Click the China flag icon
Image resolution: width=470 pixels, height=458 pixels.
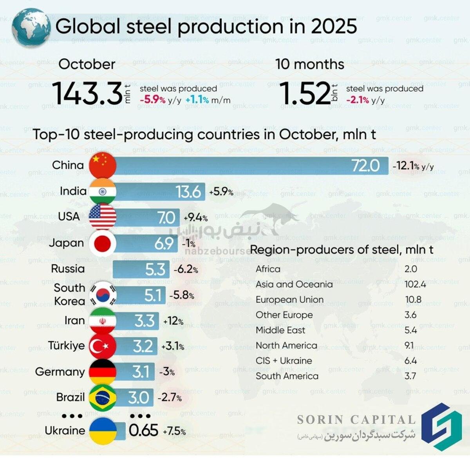[103, 165]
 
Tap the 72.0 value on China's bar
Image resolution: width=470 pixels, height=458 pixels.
[365, 166]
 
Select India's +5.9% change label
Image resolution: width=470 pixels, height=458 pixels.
[221, 192]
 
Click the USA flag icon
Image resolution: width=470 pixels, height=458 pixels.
[103, 217]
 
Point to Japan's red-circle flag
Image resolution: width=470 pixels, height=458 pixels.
[103, 243]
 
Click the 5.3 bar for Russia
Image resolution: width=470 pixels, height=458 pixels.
[141, 269]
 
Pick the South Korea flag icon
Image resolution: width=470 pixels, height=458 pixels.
[103, 295]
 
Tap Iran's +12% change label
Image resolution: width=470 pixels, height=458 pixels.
[174, 321]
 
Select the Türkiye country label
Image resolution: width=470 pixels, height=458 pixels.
[66, 346]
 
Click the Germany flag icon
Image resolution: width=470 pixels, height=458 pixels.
[103, 371]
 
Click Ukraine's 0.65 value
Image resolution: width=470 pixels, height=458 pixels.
[143, 431]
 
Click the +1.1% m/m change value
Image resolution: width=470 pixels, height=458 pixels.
[197, 100]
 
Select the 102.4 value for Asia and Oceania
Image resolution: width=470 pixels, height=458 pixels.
[415, 284]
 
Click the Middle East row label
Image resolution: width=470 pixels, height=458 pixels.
[280, 330]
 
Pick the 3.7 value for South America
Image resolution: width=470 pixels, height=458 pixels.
[410, 376]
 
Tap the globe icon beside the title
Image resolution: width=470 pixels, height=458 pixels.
[31, 27]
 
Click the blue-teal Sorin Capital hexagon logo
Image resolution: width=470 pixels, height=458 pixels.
[442, 427]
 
